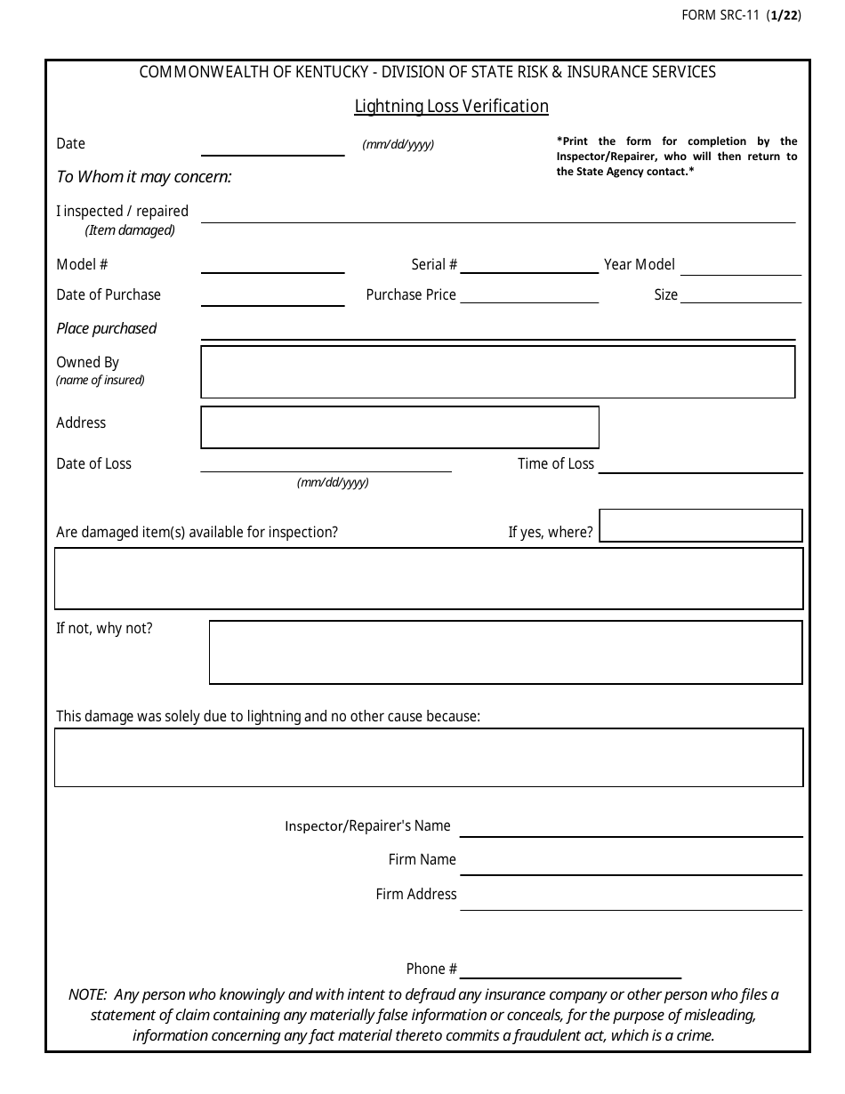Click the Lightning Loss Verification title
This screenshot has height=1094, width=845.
451,107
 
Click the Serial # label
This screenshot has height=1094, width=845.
434,265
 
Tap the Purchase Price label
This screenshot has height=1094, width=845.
411,295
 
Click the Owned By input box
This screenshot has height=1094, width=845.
497,372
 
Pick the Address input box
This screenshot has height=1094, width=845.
399,428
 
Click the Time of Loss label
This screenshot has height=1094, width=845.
555,464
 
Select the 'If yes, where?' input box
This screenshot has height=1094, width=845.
701,526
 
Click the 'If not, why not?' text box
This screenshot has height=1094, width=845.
505,653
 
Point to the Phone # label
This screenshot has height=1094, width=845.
431,969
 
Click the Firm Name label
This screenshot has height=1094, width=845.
422,860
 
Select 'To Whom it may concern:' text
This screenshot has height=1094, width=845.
143,177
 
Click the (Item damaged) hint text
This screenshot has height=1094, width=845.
130,230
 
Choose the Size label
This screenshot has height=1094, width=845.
665,295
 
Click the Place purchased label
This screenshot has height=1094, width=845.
106,329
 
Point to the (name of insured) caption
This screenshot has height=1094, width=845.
100,381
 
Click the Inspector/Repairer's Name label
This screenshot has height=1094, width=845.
367,826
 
